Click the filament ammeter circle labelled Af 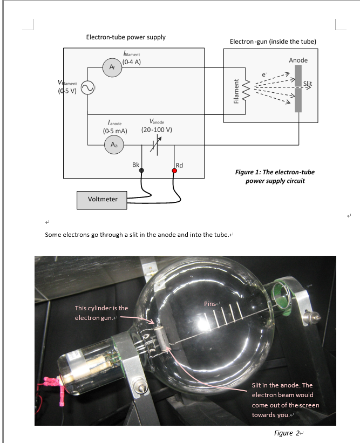point(112,67)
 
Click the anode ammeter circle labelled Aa point(114,144)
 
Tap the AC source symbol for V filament point(87,87)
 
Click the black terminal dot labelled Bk point(141,171)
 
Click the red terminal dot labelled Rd point(174,171)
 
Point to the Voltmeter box point(102,200)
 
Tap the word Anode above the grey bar point(298,60)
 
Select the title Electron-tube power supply point(126,37)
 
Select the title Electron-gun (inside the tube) point(273,42)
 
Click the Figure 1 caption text point(275,176)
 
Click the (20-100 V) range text point(157,130)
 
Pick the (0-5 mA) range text point(114,131)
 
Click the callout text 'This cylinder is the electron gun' point(101,312)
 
